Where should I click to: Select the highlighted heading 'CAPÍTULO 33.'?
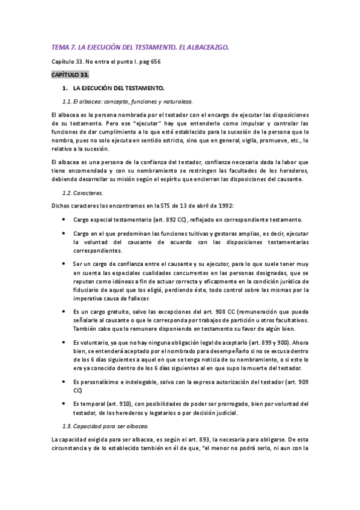pyautogui.click(x=69, y=74)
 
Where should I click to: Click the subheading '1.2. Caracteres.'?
pyautogui.click(x=83, y=193)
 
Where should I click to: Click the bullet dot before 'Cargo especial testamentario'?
pyautogui.click(x=64, y=220)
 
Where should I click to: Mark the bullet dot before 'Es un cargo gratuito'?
pyautogui.click(x=64, y=312)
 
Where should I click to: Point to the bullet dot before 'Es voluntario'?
pyautogui.click(x=64, y=342)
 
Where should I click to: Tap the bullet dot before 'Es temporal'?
pyautogui.click(x=64, y=404)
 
